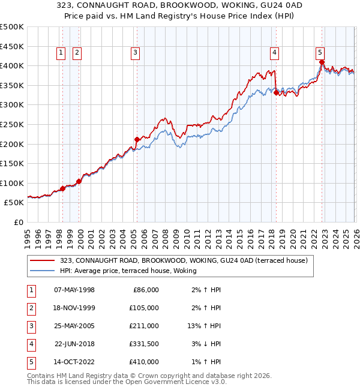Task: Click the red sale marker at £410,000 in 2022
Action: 322,62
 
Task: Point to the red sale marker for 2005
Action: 137,140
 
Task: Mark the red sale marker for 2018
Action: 276,92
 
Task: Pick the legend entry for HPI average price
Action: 132,271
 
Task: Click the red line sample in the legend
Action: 43,260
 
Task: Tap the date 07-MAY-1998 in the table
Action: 74,290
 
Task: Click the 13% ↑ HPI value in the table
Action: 205,326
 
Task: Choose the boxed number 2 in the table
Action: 30,308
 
